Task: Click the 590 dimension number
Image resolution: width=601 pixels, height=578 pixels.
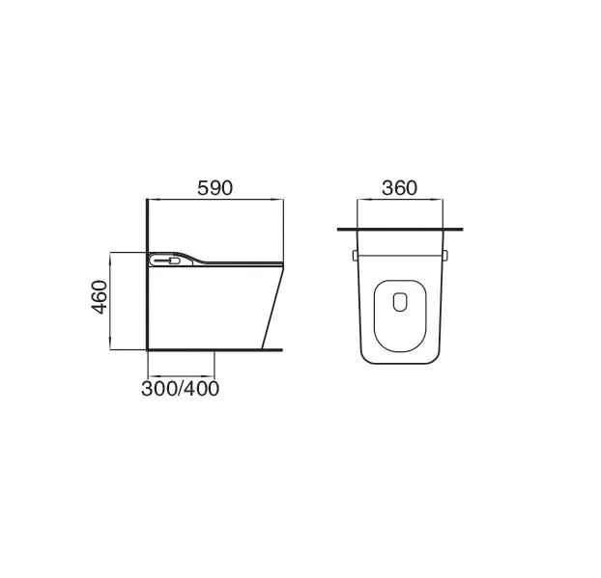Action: (215, 188)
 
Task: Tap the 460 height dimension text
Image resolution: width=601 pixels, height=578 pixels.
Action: (100, 297)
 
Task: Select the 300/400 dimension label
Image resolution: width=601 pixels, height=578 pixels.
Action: (180, 389)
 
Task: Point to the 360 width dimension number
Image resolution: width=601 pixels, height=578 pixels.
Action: (399, 188)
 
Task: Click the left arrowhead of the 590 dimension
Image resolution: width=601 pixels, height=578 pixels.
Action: (154, 199)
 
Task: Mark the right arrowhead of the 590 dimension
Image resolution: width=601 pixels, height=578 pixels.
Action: (277, 199)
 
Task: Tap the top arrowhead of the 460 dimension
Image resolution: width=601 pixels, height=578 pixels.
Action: (110, 258)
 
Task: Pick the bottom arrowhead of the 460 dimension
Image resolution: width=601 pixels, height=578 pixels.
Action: (110, 344)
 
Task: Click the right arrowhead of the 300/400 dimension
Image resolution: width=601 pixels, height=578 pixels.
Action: (209, 376)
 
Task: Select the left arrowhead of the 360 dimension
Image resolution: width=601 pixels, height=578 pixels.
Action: (362, 199)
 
